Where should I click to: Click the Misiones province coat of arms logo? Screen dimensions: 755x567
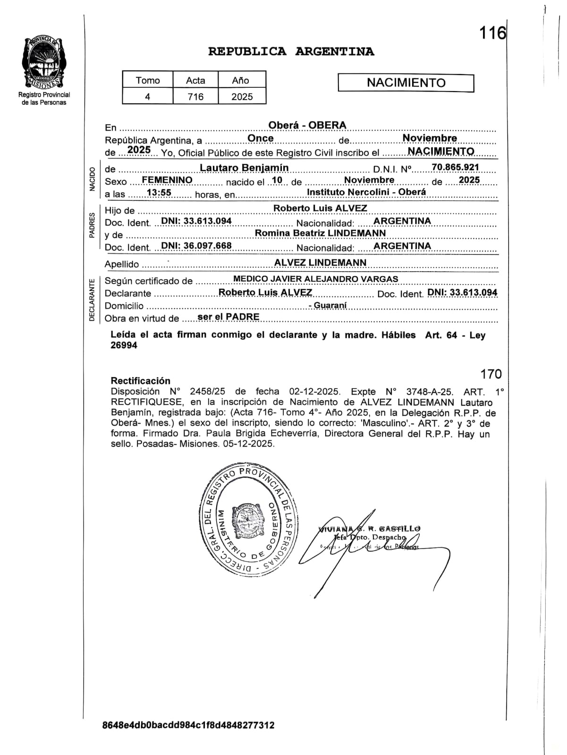[44, 64]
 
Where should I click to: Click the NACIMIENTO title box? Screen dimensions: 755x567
[406, 83]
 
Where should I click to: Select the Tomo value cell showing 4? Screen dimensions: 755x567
[147, 97]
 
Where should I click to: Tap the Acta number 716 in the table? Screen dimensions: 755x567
[195, 97]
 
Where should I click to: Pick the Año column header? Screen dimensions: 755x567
[240, 80]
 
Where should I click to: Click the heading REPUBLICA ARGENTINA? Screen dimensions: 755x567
[291, 51]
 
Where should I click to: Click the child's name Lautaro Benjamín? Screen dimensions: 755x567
[244, 168]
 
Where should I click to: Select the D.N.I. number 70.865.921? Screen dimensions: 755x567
[455, 167]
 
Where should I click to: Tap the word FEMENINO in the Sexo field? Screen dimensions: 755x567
[167, 180]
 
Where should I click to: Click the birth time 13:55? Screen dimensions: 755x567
[159, 193]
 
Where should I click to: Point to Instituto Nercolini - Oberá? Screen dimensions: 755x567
[366, 192]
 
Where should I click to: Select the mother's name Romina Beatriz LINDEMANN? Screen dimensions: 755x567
[320, 233]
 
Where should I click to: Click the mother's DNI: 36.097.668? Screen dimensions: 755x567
[196, 246]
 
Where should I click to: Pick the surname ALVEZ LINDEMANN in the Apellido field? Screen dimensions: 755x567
[320, 262]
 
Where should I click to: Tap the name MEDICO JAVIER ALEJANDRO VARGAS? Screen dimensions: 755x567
[316, 279]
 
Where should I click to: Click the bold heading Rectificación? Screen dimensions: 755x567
[140, 381]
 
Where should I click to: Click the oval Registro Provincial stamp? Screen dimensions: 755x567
[247, 520]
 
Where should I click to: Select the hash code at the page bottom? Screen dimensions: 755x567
[188, 725]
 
